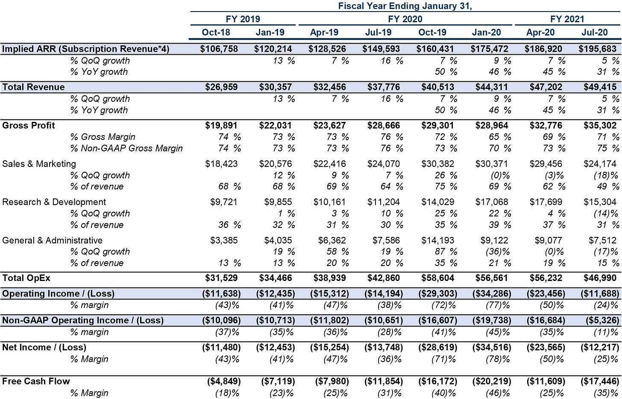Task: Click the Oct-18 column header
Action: click(216, 32)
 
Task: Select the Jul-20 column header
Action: click(595, 32)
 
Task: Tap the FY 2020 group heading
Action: click(405, 19)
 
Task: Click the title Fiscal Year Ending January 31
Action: click(405, 6)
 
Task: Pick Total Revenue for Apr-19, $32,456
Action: click(330, 87)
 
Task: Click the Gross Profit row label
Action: click(29, 125)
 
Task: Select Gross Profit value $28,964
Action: click(491, 125)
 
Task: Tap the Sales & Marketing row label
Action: click(39, 164)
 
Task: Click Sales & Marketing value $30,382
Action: click(437, 164)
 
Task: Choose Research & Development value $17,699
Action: click(546, 202)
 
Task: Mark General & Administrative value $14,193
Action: click(437, 240)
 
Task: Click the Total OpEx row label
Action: click(26, 278)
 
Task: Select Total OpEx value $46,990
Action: click(600, 278)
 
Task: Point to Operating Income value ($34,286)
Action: click(491, 294)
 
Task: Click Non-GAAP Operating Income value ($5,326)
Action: click(602, 320)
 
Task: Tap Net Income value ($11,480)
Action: click(221, 347)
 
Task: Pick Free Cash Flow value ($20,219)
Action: click(491, 381)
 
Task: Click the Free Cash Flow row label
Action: click(36, 381)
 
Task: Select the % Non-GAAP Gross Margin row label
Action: click(126, 148)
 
